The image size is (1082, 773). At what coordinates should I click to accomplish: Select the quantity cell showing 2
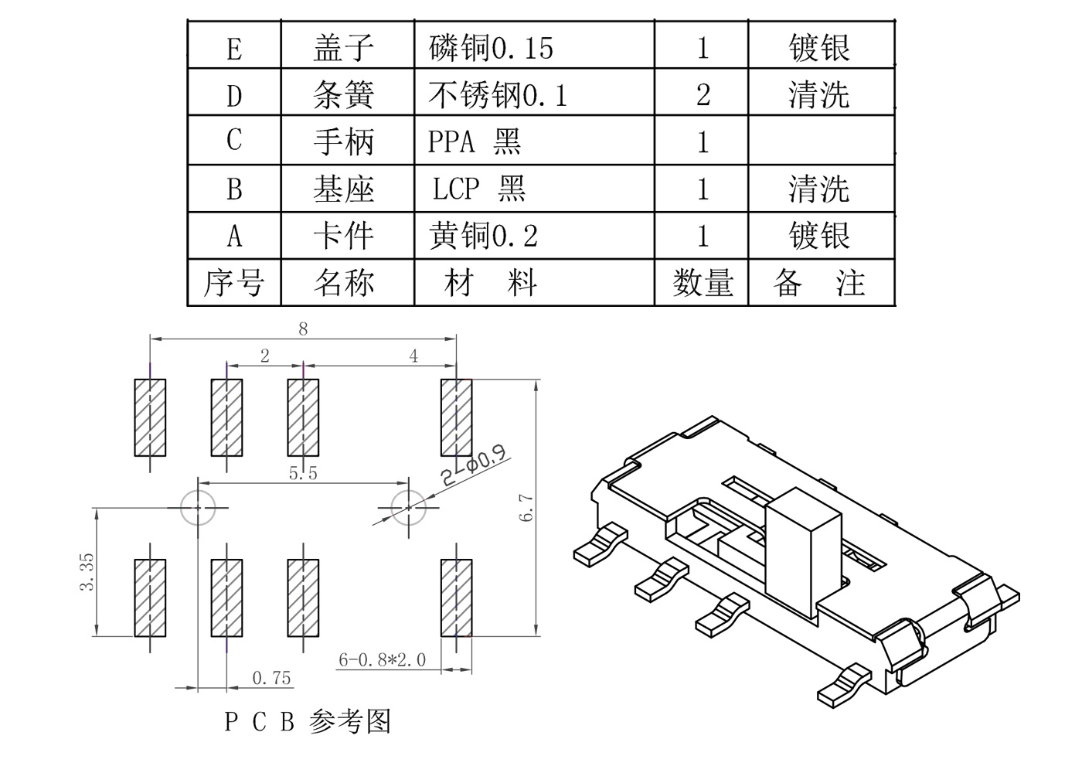pos(703,94)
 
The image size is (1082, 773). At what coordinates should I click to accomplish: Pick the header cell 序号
pos(233,283)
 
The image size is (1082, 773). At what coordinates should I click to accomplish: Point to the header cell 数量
pos(702,283)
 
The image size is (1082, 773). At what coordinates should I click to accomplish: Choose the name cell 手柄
pos(344,141)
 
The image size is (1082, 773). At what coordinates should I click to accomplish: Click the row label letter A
pos(234,236)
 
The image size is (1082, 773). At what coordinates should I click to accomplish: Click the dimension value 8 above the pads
pos(303,329)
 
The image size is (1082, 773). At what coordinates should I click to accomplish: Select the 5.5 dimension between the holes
pos(303,472)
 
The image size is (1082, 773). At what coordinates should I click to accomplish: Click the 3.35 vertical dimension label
pos(87,571)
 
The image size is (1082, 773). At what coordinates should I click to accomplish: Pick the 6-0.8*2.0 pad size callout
pos(382,659)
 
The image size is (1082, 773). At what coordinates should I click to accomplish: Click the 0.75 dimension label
pos(271,678)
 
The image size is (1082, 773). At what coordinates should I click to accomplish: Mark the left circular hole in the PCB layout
pos(197,507)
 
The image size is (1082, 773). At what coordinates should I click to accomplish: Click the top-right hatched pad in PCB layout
pos(456,417)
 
